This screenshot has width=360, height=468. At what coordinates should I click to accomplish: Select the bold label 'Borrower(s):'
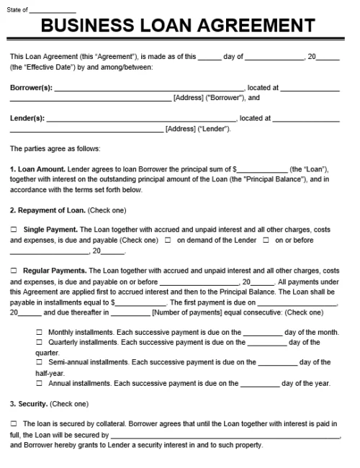31,88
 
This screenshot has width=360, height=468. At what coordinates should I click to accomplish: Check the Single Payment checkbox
14,230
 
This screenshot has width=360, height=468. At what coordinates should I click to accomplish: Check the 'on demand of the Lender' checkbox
168,240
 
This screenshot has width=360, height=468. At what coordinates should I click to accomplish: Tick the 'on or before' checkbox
266,240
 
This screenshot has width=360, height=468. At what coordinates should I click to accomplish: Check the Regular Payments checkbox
14,271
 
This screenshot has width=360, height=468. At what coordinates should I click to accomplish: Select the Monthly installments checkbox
40,332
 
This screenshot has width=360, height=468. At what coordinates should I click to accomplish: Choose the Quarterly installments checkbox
40,342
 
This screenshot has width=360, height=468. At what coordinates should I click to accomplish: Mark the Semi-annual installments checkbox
40,362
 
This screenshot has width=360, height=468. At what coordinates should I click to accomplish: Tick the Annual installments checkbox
40,383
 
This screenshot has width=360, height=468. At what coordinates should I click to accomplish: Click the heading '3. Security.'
29,403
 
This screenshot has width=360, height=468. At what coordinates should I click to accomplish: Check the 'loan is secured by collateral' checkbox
14,424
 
